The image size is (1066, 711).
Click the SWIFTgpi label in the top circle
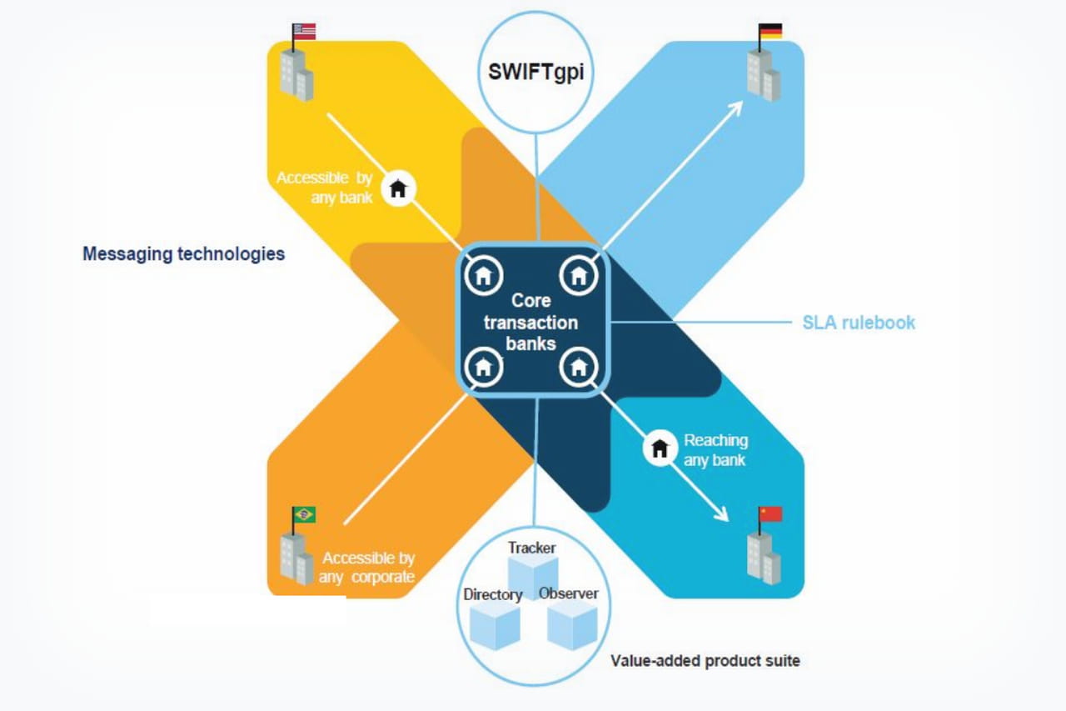click(536, 70)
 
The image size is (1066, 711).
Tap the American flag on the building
click(305, 32)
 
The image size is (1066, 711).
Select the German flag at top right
click(770, 32)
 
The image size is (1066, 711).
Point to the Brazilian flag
click(304, 514)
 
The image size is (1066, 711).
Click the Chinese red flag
click(770, 513)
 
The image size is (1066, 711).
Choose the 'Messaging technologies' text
click(183, 253)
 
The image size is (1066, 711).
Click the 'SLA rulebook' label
click(859, 323)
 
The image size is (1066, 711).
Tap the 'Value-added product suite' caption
click(705, 661)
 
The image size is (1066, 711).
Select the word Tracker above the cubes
click(532, 548)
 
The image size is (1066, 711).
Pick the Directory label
click(493, 594)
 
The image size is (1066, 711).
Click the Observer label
click(569, 593)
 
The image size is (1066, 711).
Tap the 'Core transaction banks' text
click(531, 322)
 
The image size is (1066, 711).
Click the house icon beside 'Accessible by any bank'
click(398, 188)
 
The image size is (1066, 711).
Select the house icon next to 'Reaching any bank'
click(660, 448)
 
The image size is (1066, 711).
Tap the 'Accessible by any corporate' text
click(367, 567)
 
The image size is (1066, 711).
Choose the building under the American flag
click(296, 73)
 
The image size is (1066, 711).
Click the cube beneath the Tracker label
click(532, 576)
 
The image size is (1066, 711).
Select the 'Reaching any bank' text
click(715, 449)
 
